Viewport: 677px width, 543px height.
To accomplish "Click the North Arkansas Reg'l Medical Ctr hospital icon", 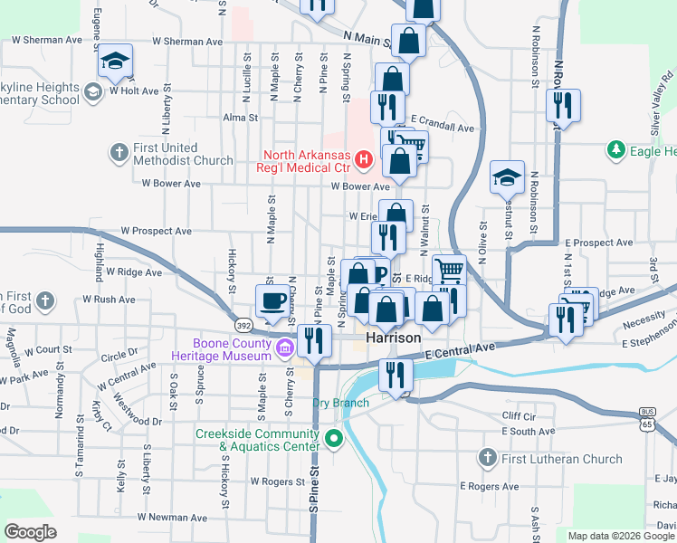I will [x=364, y=160].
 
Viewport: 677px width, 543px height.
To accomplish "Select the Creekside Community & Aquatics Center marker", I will [x=334, y=441].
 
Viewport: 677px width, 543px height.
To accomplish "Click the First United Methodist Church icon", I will [x=119, y=153].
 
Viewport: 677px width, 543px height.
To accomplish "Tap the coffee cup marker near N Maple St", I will [x=272, y=300].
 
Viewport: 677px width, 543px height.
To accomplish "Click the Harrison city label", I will [x=394, y=338].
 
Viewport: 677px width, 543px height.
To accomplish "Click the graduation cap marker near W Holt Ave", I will [x=115, y=60].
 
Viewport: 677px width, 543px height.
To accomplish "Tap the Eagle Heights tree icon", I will [x=616, y=149].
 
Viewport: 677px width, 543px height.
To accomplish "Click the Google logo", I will [x=31, y=531].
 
